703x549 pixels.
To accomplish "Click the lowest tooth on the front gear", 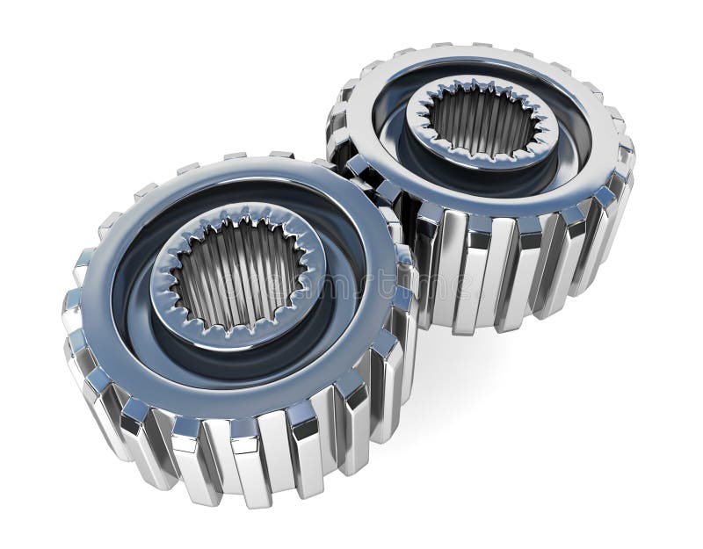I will (255, 479).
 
